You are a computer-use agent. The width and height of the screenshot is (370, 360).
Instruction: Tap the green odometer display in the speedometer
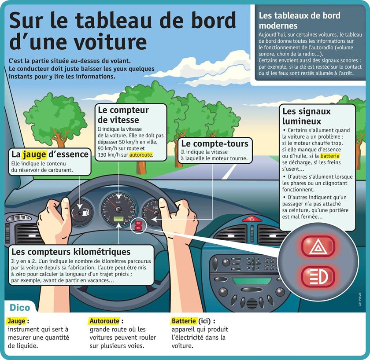[118, 219]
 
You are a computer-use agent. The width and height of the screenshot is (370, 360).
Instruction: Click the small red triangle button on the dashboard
[252, 218]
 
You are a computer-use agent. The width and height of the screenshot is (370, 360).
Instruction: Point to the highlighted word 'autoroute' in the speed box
[141, 155]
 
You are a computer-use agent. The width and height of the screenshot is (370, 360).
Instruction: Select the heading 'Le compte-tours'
[215, 144]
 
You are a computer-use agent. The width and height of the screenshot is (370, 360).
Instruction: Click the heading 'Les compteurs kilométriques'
[70, 252]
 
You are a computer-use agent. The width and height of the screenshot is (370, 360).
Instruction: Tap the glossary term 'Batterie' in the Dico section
[184, 321]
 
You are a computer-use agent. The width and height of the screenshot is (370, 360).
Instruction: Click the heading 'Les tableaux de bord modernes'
[300, 20]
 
